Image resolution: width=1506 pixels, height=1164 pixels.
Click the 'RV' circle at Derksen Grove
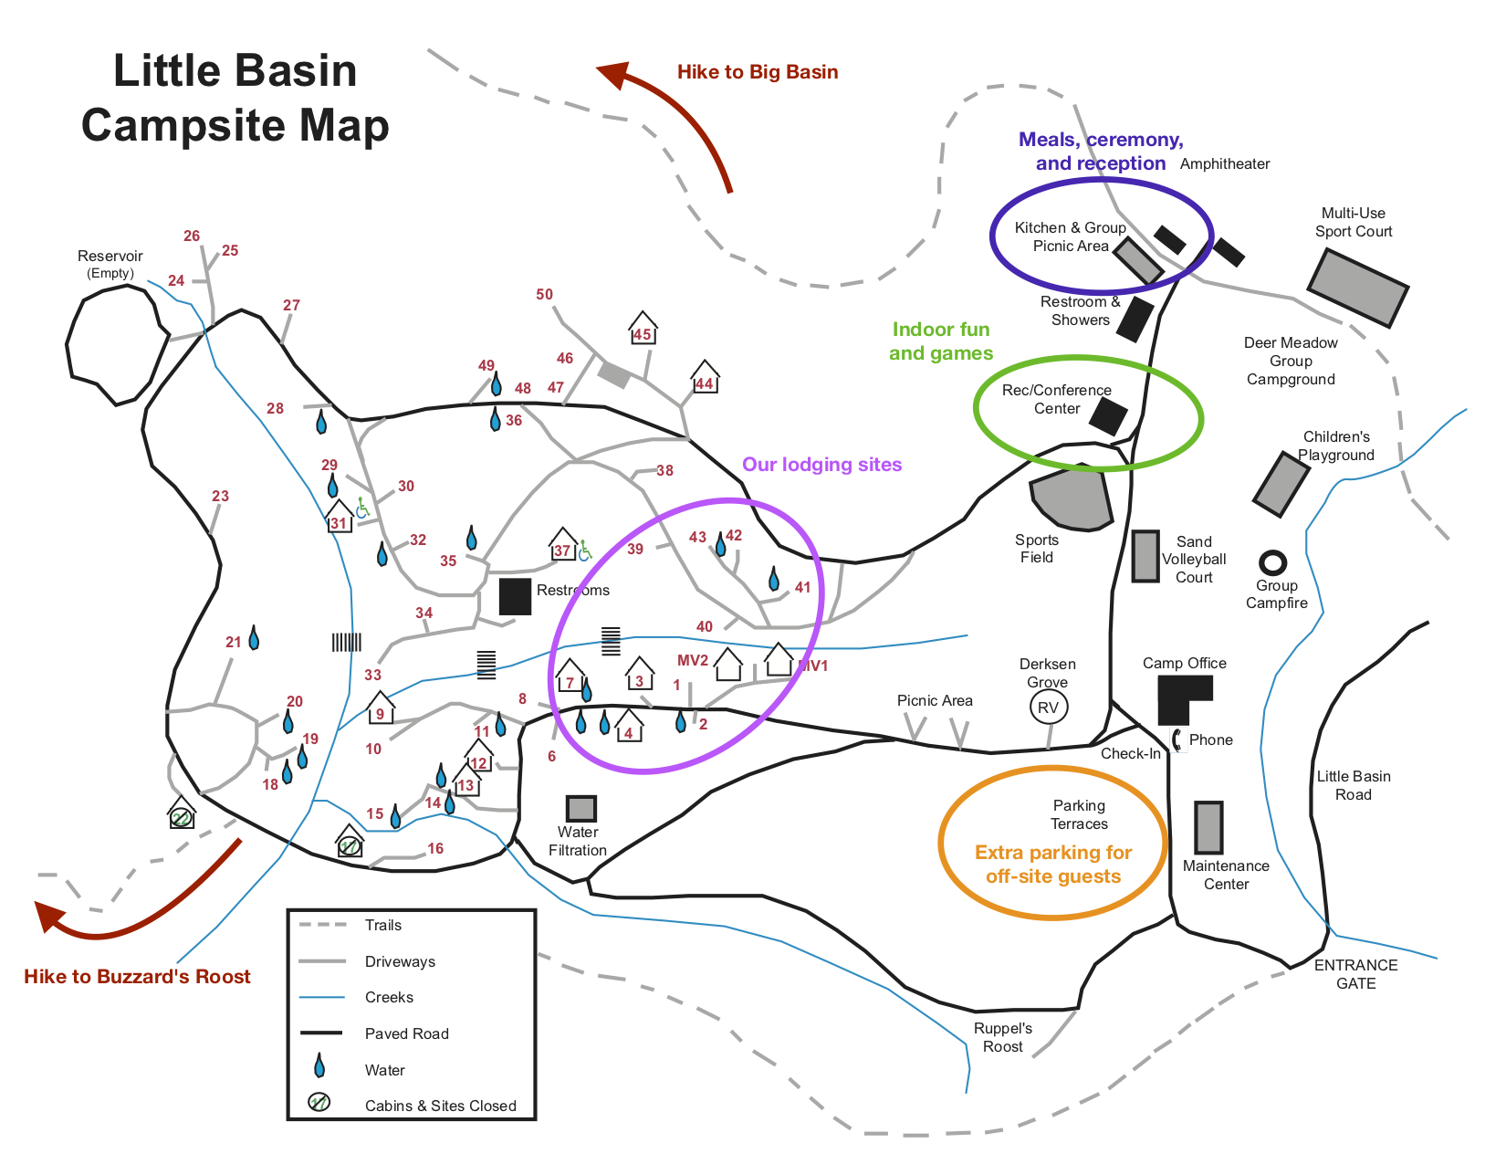[x=1048, y=708]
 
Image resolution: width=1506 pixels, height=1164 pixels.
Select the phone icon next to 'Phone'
[x=1178, y=740]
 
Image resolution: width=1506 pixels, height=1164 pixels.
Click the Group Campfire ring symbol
[x=1272, y=561]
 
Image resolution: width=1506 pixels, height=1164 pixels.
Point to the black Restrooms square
[x=515, y=596]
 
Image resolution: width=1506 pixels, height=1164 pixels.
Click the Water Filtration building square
[x=580, y=808]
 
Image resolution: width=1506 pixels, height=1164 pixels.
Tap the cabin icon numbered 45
[x=643, y=328]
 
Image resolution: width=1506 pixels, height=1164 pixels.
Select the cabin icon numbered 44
[x=705, y=377]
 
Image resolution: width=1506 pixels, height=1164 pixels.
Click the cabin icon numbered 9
[x=380, y=708]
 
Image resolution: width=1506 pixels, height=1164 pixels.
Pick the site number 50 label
[x=544, y=294]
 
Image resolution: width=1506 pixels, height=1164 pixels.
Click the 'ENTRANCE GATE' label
[x=1355, y=974]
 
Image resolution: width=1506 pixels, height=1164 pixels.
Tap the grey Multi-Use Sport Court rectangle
[x=1357, y=286]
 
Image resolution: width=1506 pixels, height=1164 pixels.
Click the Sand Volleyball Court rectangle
[x=1145, y=556]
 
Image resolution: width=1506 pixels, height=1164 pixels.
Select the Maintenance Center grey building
[x=1208, y=827]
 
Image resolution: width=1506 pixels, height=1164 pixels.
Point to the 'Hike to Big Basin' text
[x=758, y=72]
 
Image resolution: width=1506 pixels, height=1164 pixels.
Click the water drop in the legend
[x=319, y=1065]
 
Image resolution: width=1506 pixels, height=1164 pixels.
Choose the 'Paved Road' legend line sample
[x=321, y=1033]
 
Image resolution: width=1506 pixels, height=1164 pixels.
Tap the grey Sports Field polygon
[x=1072, y=497]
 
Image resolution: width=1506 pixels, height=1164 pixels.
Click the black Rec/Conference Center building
[x=1107, y=415]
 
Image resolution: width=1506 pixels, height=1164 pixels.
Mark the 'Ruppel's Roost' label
[x=1002, y=1037]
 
